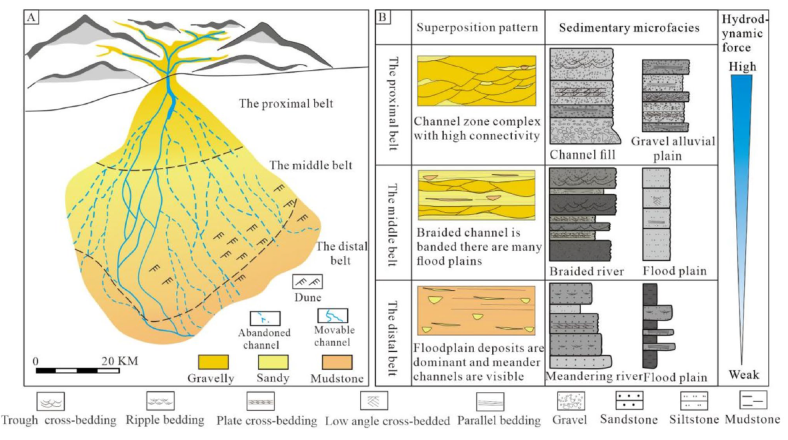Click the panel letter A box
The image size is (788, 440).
click(x=31, y=18)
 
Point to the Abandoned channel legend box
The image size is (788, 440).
click(x=265, y=317)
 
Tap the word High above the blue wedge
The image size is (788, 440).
click(x=742, y=67)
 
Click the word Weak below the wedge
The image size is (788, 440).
click(x=742, y=373)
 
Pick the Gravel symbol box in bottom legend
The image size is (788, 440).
click(x=571, y=401)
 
